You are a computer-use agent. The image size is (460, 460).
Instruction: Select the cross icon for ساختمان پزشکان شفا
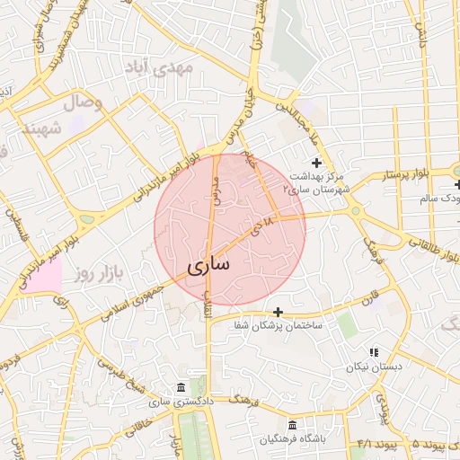tap(279, 312)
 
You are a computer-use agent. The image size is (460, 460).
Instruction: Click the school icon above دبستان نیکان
tap(374, 352)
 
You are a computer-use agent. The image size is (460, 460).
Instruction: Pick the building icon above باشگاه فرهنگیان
tap(291, 425)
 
